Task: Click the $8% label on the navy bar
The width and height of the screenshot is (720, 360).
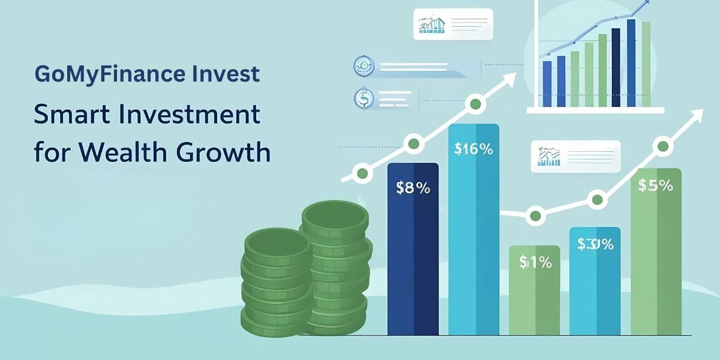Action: click(x=413, y=188)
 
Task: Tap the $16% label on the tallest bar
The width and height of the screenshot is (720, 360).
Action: click(x=474, y=149)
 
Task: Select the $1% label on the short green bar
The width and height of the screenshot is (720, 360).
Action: click(x=535, y=262)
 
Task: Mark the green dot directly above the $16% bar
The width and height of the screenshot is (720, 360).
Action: click(x=475, y=104)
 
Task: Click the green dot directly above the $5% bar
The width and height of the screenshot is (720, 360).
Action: click(x=662, y=145)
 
